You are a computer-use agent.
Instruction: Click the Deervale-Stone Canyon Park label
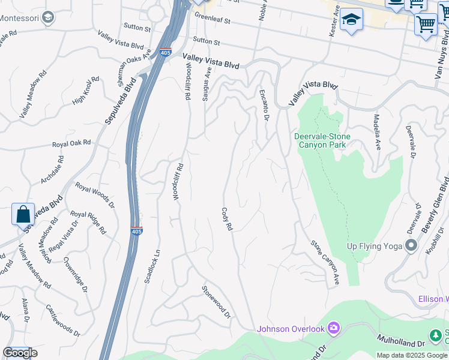(x=322, y=140)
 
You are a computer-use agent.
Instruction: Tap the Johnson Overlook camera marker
(x=334, y=328)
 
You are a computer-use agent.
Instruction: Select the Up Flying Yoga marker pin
(x=411, y=246)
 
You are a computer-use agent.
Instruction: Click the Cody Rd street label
(x=226, y=221)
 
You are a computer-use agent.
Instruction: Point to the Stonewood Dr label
(x=217, y=301)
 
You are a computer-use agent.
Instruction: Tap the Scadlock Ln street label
(x=152, y=266)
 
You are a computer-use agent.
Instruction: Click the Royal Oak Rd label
(x=71, y=144)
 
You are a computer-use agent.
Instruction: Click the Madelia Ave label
(x=377, y=132)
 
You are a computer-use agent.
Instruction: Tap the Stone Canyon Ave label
(x=325, y=263)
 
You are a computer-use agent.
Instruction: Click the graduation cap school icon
(x=351, y=19)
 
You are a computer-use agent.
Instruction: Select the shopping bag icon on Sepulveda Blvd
(x=23, y=214)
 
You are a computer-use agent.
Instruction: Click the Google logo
(x=20, y=353)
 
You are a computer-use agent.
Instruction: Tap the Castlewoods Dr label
(x=63, y=320)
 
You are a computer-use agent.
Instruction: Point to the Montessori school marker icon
(x=48, y=17)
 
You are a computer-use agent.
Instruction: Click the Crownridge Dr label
(x=76, y=275)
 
